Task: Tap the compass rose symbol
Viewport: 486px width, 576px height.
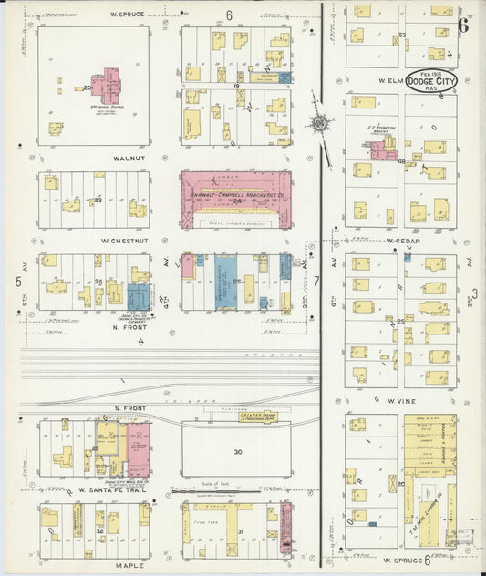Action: pos(320,123)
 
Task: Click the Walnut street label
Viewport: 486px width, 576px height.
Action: pos(94,156)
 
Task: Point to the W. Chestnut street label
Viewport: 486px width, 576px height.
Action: pos(93,241)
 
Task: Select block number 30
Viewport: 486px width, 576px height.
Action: pos(239,452)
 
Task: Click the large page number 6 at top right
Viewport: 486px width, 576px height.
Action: pos(463,25)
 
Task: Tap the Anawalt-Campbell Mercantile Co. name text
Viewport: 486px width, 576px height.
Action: pos(236,180)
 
